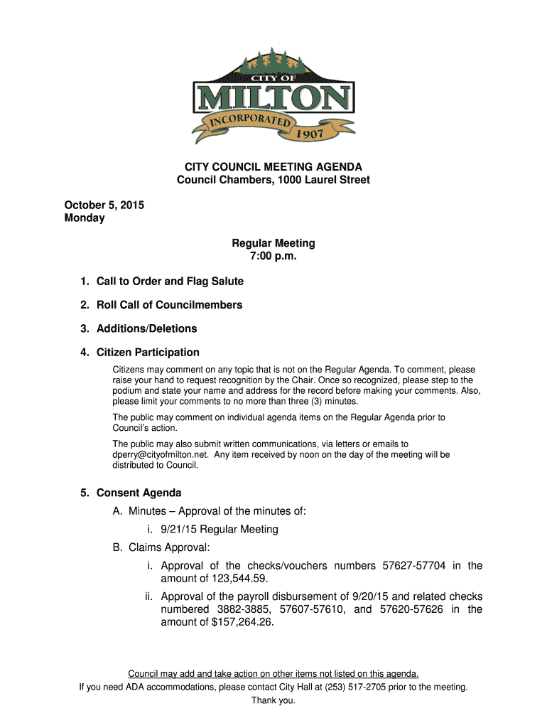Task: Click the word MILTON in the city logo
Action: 273,97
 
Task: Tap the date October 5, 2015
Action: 104,205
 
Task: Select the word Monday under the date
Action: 85,218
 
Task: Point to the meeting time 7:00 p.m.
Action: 273,256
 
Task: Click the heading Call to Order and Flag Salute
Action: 170,282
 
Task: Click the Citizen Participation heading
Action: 148,352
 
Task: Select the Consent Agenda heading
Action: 139,493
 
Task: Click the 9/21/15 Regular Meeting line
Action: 219,529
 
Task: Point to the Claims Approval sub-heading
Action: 169,547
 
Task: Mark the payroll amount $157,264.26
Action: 242,622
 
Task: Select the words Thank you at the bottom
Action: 273,700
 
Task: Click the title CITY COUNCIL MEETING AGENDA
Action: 273,167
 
